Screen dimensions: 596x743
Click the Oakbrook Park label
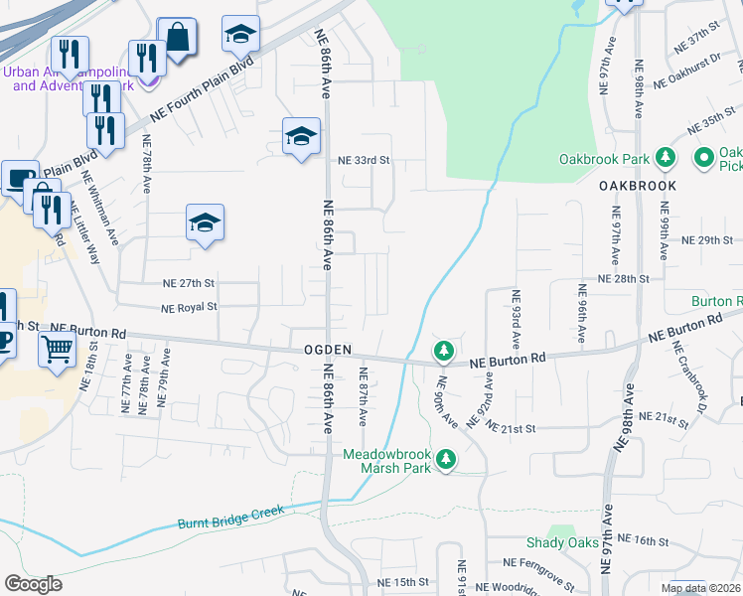[x=603, y=159]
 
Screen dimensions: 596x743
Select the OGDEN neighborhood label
[x=329, y=351]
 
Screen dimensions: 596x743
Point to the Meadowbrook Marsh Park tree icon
[x=448, y=460]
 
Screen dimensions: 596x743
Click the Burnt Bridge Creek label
[x=230, y=517]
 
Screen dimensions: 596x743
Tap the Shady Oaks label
[x=562, y=542]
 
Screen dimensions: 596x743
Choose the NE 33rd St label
[x=365, y=160]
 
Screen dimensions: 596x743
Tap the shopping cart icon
[x=58, y=349]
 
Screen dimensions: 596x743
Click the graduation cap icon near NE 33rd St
[x=300, y=137]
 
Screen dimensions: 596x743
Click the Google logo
[x=33, y=584]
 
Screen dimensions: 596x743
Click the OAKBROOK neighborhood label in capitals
[x=638, y=186]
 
